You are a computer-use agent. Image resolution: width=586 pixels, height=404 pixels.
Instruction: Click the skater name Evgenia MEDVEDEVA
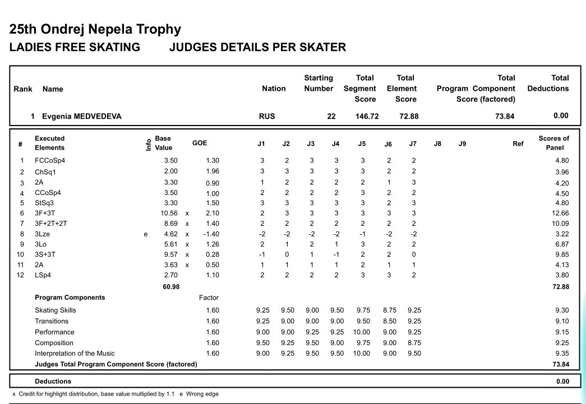81,117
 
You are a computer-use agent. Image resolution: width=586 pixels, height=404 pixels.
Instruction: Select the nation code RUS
267,117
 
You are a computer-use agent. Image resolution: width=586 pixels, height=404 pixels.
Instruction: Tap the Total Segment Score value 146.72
367,117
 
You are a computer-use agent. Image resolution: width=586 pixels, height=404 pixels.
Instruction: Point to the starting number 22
331,117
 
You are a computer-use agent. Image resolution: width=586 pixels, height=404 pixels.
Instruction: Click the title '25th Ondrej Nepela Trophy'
95,29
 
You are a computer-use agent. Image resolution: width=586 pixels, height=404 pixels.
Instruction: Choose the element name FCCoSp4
50,161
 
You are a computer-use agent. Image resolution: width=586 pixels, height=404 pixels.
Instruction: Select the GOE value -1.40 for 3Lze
211,234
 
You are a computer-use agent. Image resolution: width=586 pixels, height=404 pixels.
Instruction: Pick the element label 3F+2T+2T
51,224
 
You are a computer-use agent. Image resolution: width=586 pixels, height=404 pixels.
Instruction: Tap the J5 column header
362,144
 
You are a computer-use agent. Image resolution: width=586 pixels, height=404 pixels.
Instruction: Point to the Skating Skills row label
55,310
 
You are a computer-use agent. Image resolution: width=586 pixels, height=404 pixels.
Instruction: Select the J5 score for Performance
362,332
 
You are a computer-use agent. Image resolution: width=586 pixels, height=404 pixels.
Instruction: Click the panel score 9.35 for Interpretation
561,354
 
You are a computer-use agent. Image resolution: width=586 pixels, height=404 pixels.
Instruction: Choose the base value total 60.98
171,287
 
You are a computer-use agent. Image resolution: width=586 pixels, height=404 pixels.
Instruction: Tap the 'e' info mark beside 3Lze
146,234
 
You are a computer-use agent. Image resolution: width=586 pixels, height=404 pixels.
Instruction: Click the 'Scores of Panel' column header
553,143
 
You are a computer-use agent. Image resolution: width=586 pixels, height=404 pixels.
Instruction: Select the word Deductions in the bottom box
53,382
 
